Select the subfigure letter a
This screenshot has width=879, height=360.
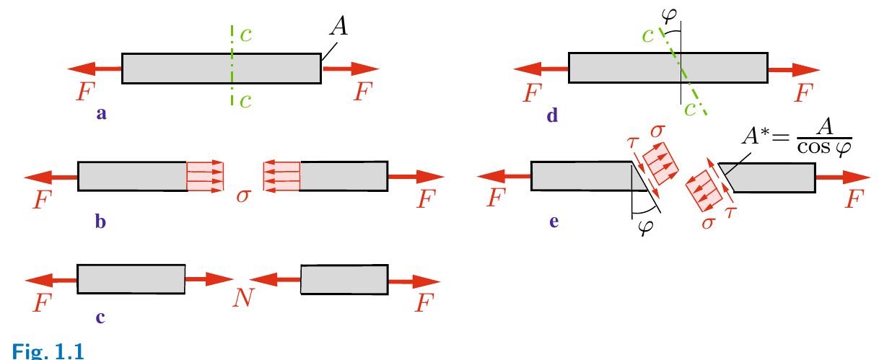[x=101, y=113]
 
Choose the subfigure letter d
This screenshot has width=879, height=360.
[x=552, y=114]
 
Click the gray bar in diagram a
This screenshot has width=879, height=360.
[x=221, y=68]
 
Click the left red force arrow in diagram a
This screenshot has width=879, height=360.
[x=94, y=69]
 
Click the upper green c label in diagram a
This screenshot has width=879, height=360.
[x=246, y=35]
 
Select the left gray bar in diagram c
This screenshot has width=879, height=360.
[x=131, y=278]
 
